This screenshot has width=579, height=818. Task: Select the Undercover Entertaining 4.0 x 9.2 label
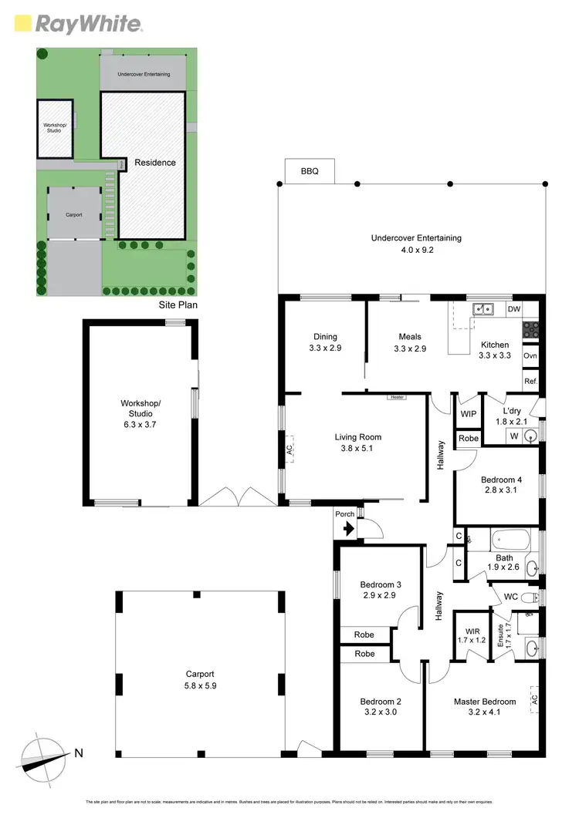point(416,244)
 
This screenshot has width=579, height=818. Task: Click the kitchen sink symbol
point(485,309)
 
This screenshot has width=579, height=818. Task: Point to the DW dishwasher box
point(513,309)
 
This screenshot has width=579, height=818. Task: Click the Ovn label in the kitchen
point(530,356)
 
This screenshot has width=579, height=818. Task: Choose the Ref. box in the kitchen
point(530,381)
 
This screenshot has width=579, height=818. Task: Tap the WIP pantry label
point(468,414)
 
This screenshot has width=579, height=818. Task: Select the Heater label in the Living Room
point(397,397)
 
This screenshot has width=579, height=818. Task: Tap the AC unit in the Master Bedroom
point(533,700)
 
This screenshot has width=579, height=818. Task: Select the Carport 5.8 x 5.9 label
point(199,679)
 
